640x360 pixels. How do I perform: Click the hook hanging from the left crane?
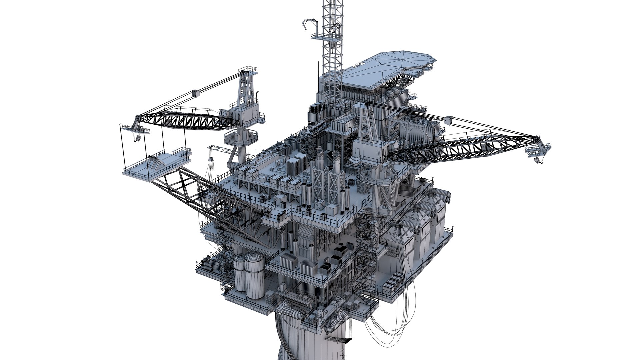136,140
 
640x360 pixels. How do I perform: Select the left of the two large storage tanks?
239,272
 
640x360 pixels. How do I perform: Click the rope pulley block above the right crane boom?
447,119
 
